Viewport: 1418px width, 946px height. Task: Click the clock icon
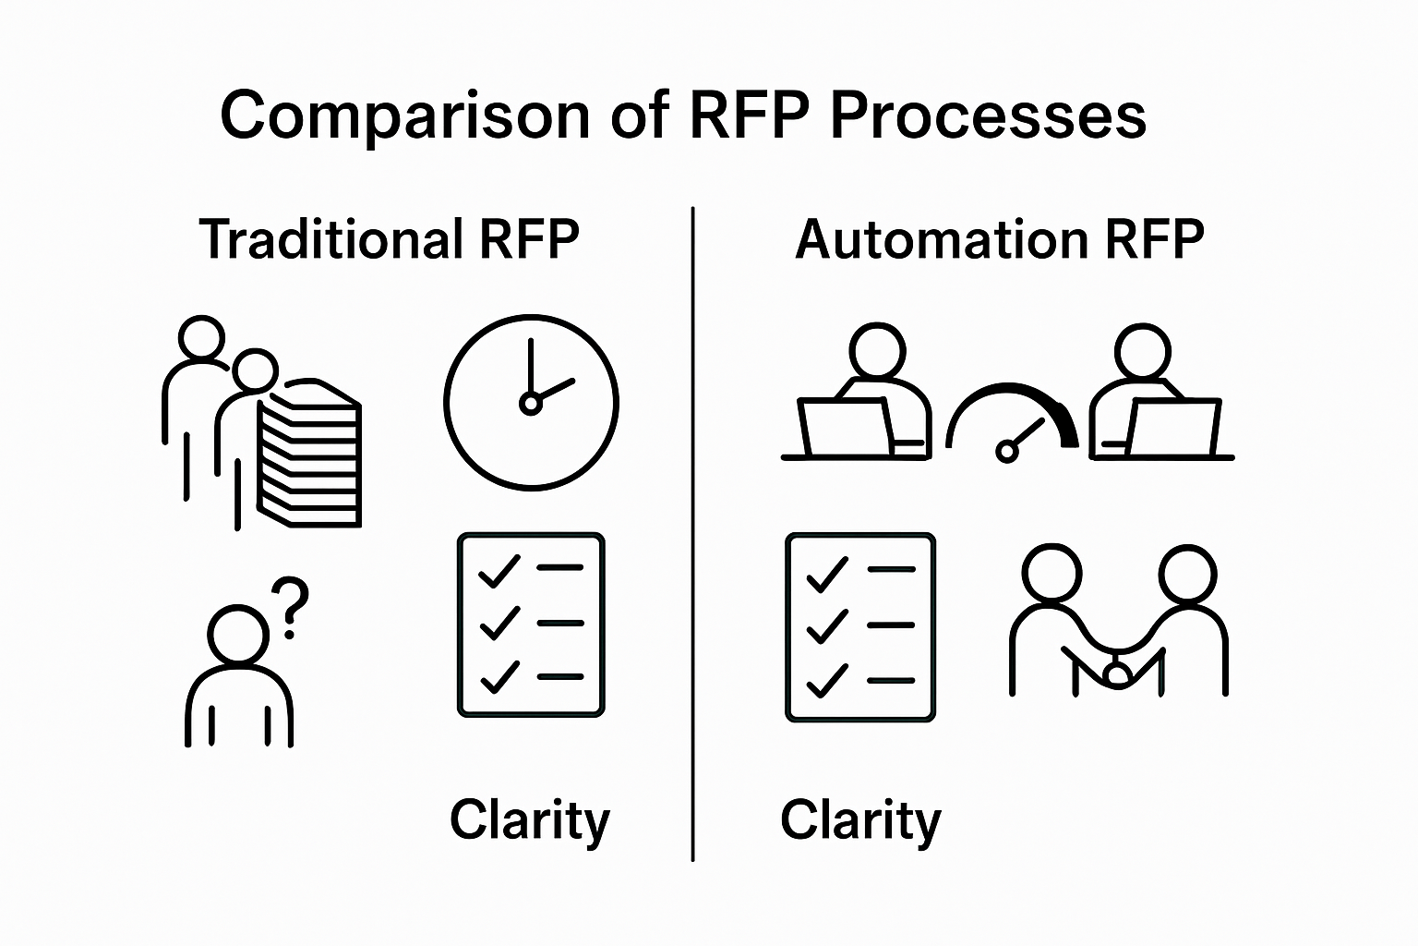pos(531,402)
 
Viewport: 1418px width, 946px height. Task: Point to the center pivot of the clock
pos(530,404)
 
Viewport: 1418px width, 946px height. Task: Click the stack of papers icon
pos(310,453)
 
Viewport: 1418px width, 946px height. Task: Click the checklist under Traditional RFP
pos(531,625)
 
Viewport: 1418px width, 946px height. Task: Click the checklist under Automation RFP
pos(860,626)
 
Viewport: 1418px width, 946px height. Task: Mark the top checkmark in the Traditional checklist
pos(499,570)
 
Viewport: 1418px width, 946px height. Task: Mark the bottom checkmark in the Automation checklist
pos(827,681)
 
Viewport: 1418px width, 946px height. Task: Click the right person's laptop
pos(1171,428)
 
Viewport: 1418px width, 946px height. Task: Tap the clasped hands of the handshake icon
pos(1118,669)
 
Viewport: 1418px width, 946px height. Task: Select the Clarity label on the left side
pos(530,820)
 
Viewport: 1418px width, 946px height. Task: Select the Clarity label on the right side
pos(860,820)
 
